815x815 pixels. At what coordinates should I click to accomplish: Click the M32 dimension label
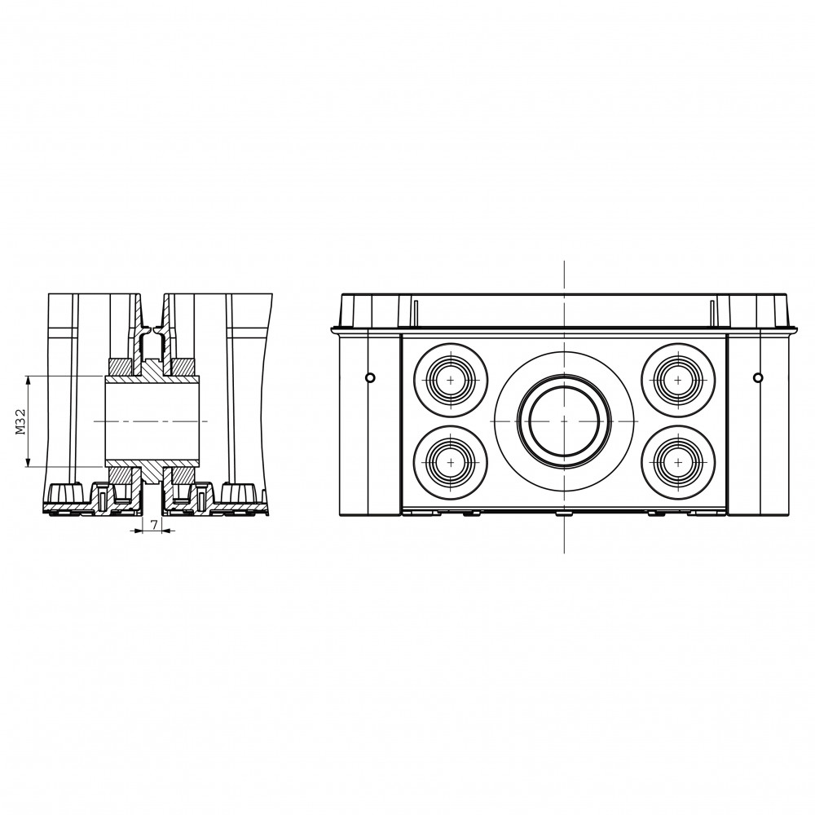pyautogui.click(x=20, y=421)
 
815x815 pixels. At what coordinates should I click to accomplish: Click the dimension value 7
pyautogui.click(x=154, y=524)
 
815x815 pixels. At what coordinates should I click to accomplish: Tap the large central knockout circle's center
pyautogui.click(x=564, y=421)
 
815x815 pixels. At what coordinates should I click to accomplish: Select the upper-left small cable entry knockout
pyautogui.click(x=451, y=380)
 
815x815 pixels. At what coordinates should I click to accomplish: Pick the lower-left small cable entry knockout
pyautogui.click(x=451, y=462)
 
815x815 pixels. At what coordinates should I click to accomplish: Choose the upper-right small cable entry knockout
pyautogui.click(x=678, y=380)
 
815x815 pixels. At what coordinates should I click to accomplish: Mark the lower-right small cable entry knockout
pyautogui.click(x=678, y=462)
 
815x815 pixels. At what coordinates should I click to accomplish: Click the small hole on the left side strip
pyautogui.click(x=369, y=377)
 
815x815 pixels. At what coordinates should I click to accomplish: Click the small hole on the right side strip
pyautogui.click(x=758, y=377)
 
